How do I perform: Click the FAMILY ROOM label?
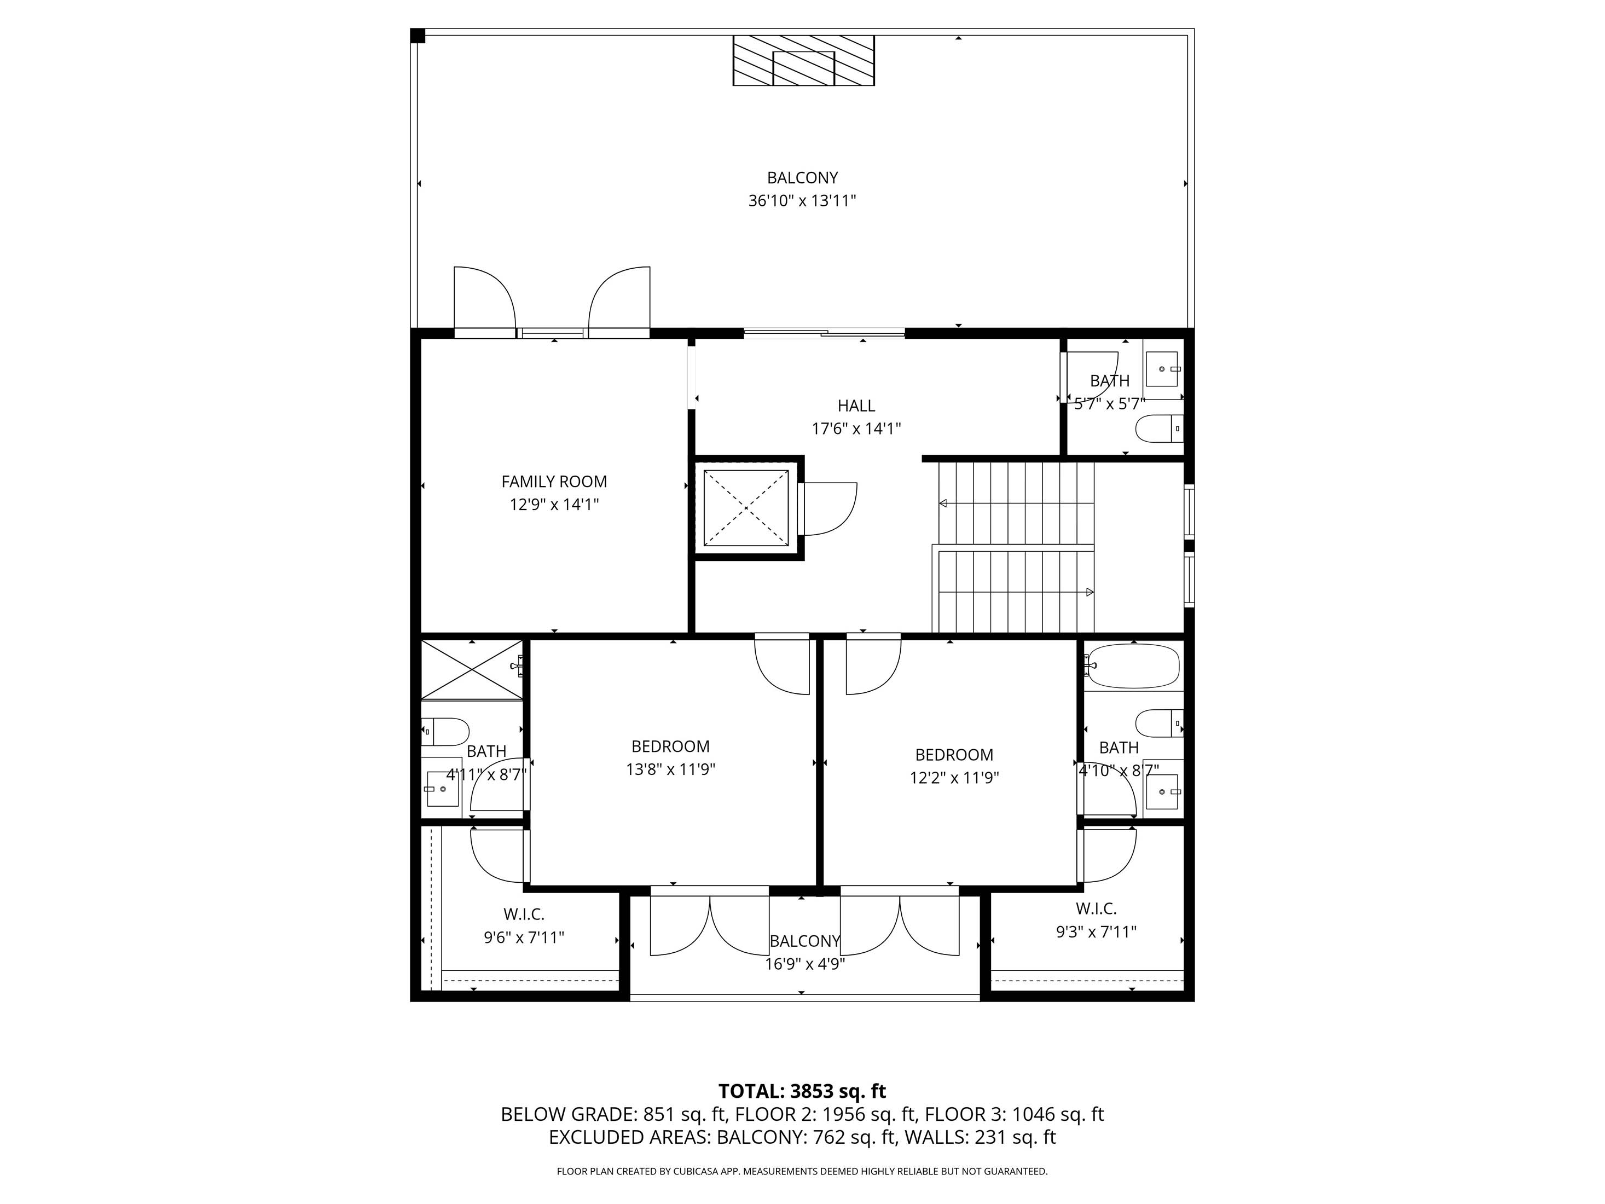coord(554,481)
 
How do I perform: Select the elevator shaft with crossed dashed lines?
coord(745,508)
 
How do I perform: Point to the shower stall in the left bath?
coord(471,669)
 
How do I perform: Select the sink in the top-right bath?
coord(1163,369)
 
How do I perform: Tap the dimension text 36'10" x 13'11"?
coord(802,201)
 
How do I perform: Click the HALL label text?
coord(856,406)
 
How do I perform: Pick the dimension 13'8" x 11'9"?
coord(670,769)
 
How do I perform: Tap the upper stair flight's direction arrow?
coord(943,503)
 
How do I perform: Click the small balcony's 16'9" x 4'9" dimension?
coord(804,964)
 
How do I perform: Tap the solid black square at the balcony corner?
coord(417,36)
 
